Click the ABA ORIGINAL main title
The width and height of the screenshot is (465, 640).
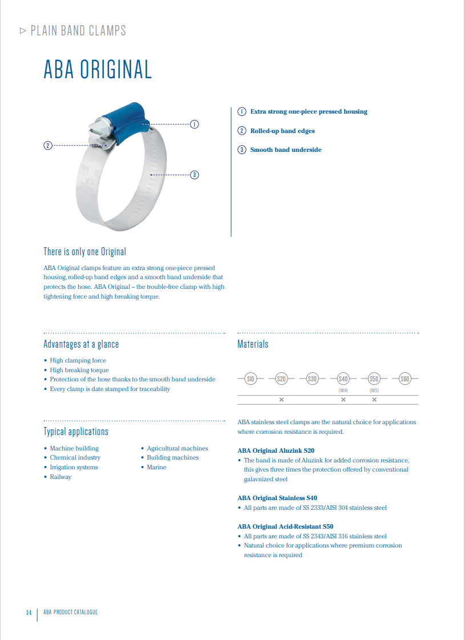coord(98,70)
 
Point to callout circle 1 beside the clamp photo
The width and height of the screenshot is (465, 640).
coord(194,124)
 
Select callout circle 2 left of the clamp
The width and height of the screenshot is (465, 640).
coord(48,146)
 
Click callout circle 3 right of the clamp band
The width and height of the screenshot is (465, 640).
coord(194,175)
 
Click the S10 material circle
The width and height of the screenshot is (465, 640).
coord(250,378)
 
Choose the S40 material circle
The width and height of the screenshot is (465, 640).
coord(343,378)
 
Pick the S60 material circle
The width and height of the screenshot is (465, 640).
coord(405,378)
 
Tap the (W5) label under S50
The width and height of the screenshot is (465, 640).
coord(374,391)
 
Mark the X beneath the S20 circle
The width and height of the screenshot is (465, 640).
coord(281,400)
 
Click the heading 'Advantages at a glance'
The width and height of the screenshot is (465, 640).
coord(81,344)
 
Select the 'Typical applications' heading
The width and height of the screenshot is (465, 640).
coord(76,431)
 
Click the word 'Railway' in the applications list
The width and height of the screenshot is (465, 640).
coord(60,477)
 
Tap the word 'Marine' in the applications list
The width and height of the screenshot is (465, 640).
coord(156,467)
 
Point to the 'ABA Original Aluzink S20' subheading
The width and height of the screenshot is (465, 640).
coord(276,450)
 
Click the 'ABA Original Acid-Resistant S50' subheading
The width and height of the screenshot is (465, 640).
coord(285,526)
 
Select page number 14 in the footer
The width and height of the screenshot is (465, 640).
coord(29,613)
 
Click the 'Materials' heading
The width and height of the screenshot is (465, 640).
coord(253,344)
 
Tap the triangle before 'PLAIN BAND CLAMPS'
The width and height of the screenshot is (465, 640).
coord(23,31)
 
